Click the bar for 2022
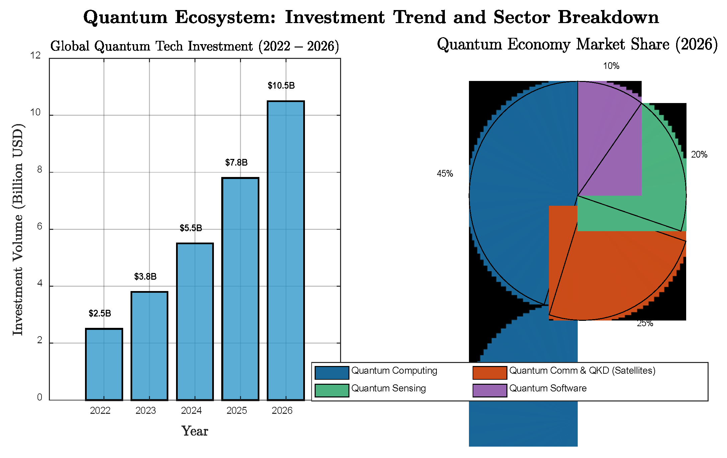(104, 364)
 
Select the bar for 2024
(195, 322)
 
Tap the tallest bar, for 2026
(286, 251)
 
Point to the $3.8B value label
(145, 277)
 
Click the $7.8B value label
(236, 163)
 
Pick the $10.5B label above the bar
(281, 86)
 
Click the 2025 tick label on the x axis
(237, 410)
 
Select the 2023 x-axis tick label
(146, 410)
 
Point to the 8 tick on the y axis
(40, 170)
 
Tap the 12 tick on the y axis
(35, 56)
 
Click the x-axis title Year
(195, 431)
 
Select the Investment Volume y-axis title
(18, 230)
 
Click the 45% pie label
(445, 174)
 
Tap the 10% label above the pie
(611, 66)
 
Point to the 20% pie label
(699, 155)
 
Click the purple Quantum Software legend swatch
(490, 390)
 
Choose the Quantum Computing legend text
(394, 371)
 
